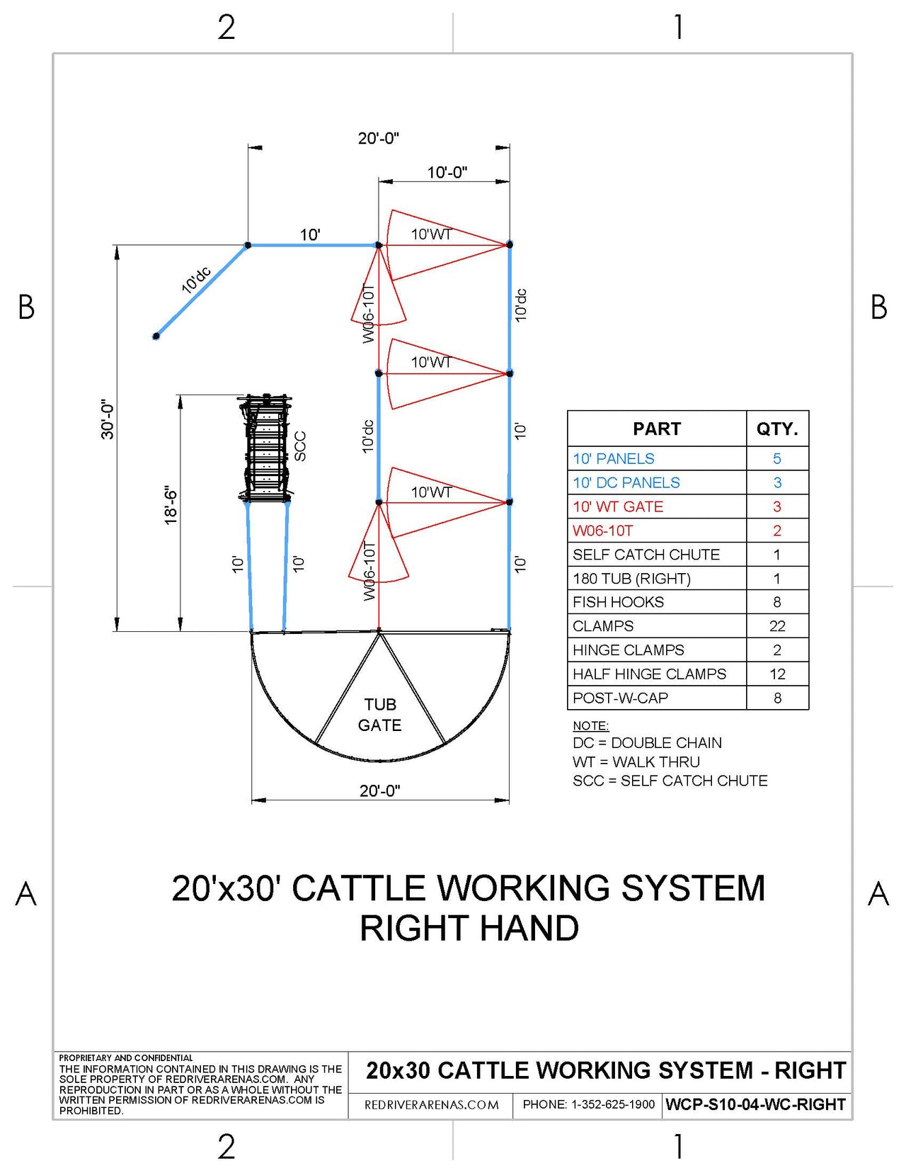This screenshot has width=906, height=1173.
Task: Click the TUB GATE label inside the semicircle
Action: [x=380, y=715]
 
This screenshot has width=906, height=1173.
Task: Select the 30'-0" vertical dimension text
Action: [x=108, y=419]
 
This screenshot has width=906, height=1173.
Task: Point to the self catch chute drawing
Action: [x=265, y=448]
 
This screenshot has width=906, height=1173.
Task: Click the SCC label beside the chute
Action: [x=300, y=446]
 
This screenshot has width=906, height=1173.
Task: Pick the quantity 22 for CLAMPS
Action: [x=777, y=626]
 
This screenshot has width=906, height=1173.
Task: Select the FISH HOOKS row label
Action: [x=618, y=602]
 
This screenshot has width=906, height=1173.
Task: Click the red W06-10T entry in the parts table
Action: [x=602, y=531]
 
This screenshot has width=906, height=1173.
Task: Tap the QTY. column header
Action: [x=777, y=429]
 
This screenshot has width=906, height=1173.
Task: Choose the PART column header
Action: [x=656, y=429]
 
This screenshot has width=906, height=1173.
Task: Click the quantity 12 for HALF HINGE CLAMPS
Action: [x=777, y=674]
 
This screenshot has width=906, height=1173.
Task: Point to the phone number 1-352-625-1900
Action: [x=588, y=1104]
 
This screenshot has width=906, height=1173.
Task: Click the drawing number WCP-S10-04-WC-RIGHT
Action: [x=755, y=1104]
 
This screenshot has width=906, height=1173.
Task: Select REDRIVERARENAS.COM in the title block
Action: [x=431, y=1105]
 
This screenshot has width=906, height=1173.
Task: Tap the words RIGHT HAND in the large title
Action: [x=469, y=928]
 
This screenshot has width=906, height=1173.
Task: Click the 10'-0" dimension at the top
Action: [x=447, y=172]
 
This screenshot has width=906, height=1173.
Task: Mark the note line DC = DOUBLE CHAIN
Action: [x=647, y=743]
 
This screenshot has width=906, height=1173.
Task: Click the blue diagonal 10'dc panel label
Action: [x=196, y=280]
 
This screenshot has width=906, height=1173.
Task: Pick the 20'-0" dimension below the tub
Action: [x=379, y=790]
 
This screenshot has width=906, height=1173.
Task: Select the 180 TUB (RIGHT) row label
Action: [x=631, y=579]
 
